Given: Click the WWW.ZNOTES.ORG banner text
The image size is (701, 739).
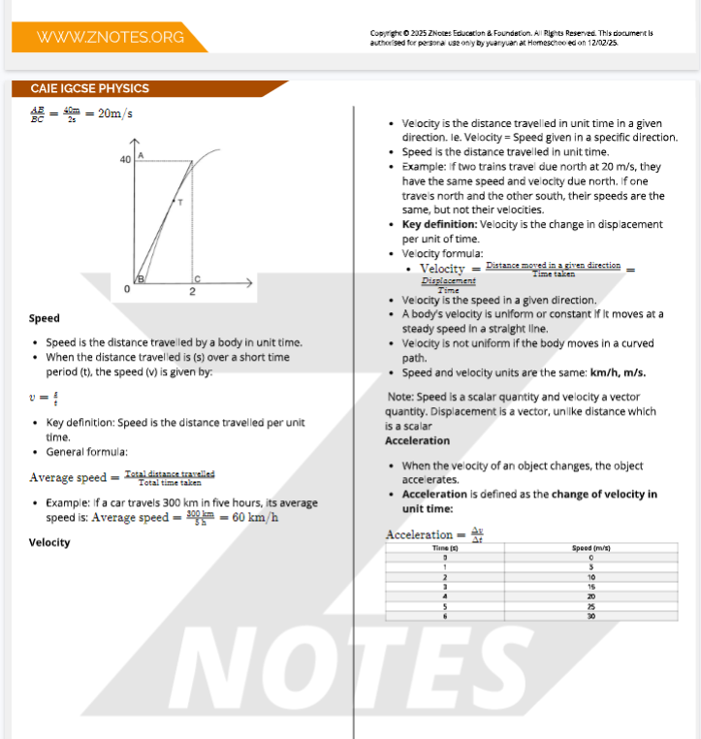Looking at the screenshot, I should click(110, 37).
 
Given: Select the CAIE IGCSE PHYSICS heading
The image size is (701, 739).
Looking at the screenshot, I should click(90, 88).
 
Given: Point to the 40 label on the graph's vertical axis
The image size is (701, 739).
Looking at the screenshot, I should click(126, 159).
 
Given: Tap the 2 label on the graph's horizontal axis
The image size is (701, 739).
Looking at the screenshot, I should click(192, 291).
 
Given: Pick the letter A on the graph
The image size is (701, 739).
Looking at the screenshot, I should click(142, 155).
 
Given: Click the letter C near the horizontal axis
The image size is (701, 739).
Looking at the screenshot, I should click(197, 277).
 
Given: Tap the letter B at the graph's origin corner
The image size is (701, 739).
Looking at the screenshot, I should click(141, 279).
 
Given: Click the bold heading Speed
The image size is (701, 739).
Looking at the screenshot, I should click(45, 318).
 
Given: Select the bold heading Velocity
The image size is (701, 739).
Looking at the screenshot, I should click(49, 542).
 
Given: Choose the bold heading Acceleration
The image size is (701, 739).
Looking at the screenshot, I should click(417, 440).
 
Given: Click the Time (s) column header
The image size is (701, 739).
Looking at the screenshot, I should click(444, 549).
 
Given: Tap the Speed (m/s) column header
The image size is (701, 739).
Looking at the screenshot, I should click(589, 549).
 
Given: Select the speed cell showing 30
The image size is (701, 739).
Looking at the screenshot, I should click(589, 616).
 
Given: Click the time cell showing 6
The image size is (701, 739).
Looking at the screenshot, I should click(444, 616).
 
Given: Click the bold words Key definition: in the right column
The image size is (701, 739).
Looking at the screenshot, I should click(439, 224).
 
